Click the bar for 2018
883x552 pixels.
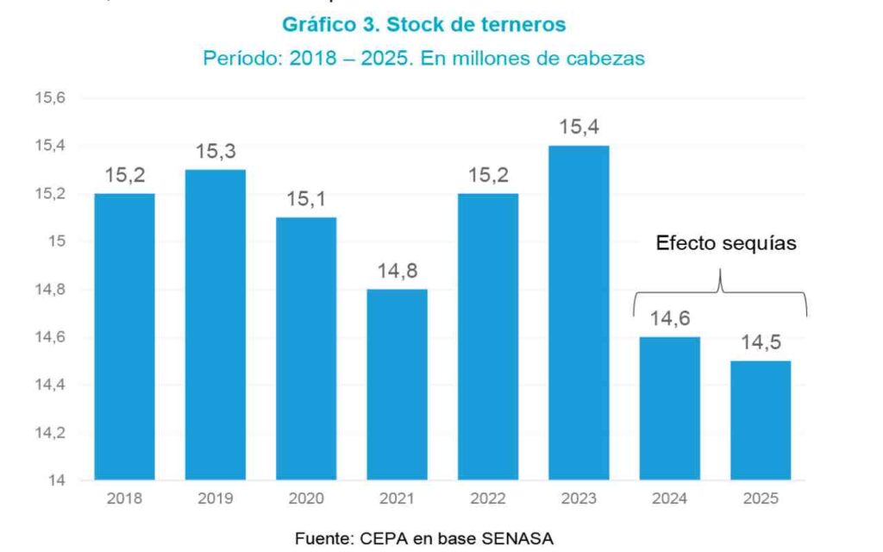tap(124, 336)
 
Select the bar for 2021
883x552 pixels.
tap(397, 384)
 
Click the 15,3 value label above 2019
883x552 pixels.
tap(215, 152)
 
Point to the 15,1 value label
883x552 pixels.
tap(306, 200)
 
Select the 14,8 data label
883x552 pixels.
tap(397, 272)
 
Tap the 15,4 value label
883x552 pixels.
tap(578, 128)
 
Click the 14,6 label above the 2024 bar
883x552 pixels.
tap(669, 319)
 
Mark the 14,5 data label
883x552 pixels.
tap(761, 343)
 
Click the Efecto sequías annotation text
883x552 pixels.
tap(726, 243)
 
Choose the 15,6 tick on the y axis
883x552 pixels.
tap(50, 98)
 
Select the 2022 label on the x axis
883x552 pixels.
tap(487, 499)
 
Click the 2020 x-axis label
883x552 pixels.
tap(306, 499)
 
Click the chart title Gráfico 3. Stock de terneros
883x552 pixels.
tap(424, 25)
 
